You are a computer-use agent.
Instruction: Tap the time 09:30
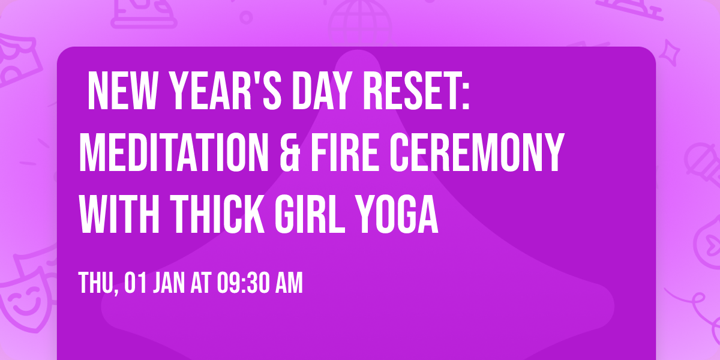(x=247, y=283)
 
